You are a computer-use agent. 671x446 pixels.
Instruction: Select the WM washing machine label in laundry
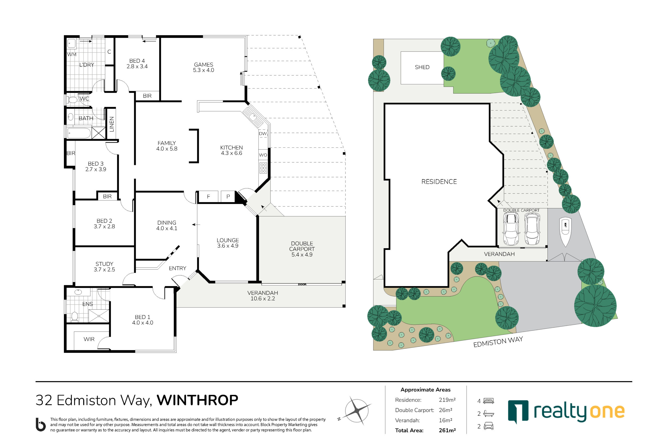tap(72, 54)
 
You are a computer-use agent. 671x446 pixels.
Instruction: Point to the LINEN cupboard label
tap(112, 124)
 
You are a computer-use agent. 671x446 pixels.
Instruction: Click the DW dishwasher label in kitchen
tap(263, 133)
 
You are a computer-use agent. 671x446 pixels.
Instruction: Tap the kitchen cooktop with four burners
tap(263, 168)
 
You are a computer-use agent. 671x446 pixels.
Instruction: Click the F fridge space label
tap(208, 196)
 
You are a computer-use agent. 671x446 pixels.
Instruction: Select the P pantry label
tap(228, 196)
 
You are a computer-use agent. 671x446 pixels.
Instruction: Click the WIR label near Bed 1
tap(89, 339)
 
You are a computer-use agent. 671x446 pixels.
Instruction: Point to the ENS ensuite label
tap(88, 304)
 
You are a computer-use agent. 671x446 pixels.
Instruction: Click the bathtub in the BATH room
tap(79, 133)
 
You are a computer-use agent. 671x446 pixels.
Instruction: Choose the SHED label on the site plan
tap(422, 67)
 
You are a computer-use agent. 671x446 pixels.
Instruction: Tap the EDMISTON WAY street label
tap(498, 342)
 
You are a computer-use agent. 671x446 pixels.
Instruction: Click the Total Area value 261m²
tap(447, 430)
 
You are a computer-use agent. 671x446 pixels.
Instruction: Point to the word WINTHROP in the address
tap(197, 400)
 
